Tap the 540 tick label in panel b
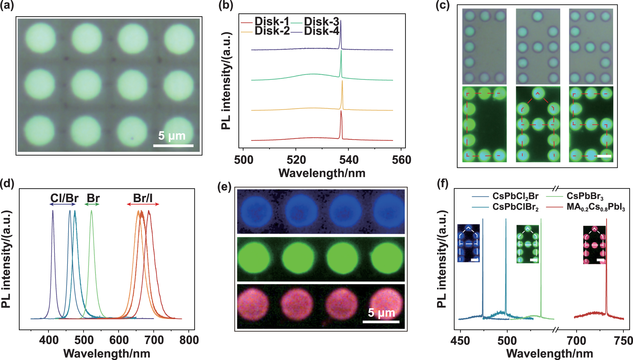pos(349,160)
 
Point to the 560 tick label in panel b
pos(401,160)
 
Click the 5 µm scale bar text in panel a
pos(172,136)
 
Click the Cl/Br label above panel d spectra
pos(64,198)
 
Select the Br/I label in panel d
pos(143,198)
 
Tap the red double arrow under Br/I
pos(143,204)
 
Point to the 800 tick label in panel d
pos(189,340)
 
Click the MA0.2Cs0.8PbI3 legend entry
pos(596,207)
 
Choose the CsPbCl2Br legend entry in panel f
pos(515,196)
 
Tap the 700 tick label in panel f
pos(576,341)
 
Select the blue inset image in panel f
pos(468,243)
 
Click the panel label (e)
pos(224,187)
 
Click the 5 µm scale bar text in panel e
pos(381,313)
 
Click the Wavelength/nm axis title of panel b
pos(322,173)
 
